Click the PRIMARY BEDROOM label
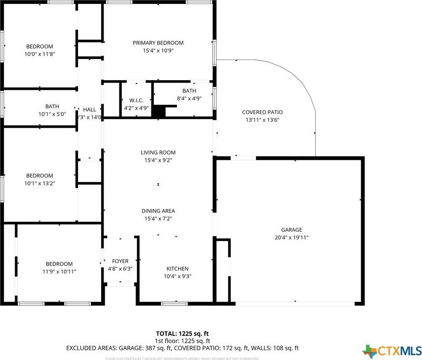tap(158, 43)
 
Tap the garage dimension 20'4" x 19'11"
tap(291, 237)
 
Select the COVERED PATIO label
tap(262, 112)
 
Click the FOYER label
tap(120, 261)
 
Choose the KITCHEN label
tap(177, 269)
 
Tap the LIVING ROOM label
tap(158, 152)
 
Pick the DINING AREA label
tap(158, 210)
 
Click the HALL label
tap(89, 109)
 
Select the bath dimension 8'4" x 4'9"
tap(189, 98)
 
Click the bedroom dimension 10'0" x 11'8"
tap(40, 54)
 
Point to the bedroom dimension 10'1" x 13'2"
tap(40, 183)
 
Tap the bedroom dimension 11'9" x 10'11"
tap(59, 271)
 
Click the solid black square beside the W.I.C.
tap(158, 112)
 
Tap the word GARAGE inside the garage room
tap(291, 230)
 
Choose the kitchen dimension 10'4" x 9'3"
tap(177, 276)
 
